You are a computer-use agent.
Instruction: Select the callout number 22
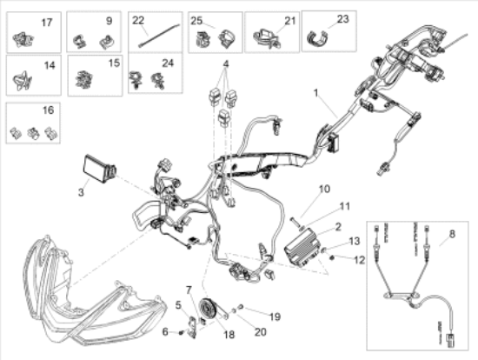coord(139,19)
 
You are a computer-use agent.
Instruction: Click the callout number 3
coord(81,190)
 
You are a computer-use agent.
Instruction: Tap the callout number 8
coord(451,234)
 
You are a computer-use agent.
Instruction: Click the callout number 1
coord(315,92)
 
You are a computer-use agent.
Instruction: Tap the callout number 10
coord(299,189)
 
